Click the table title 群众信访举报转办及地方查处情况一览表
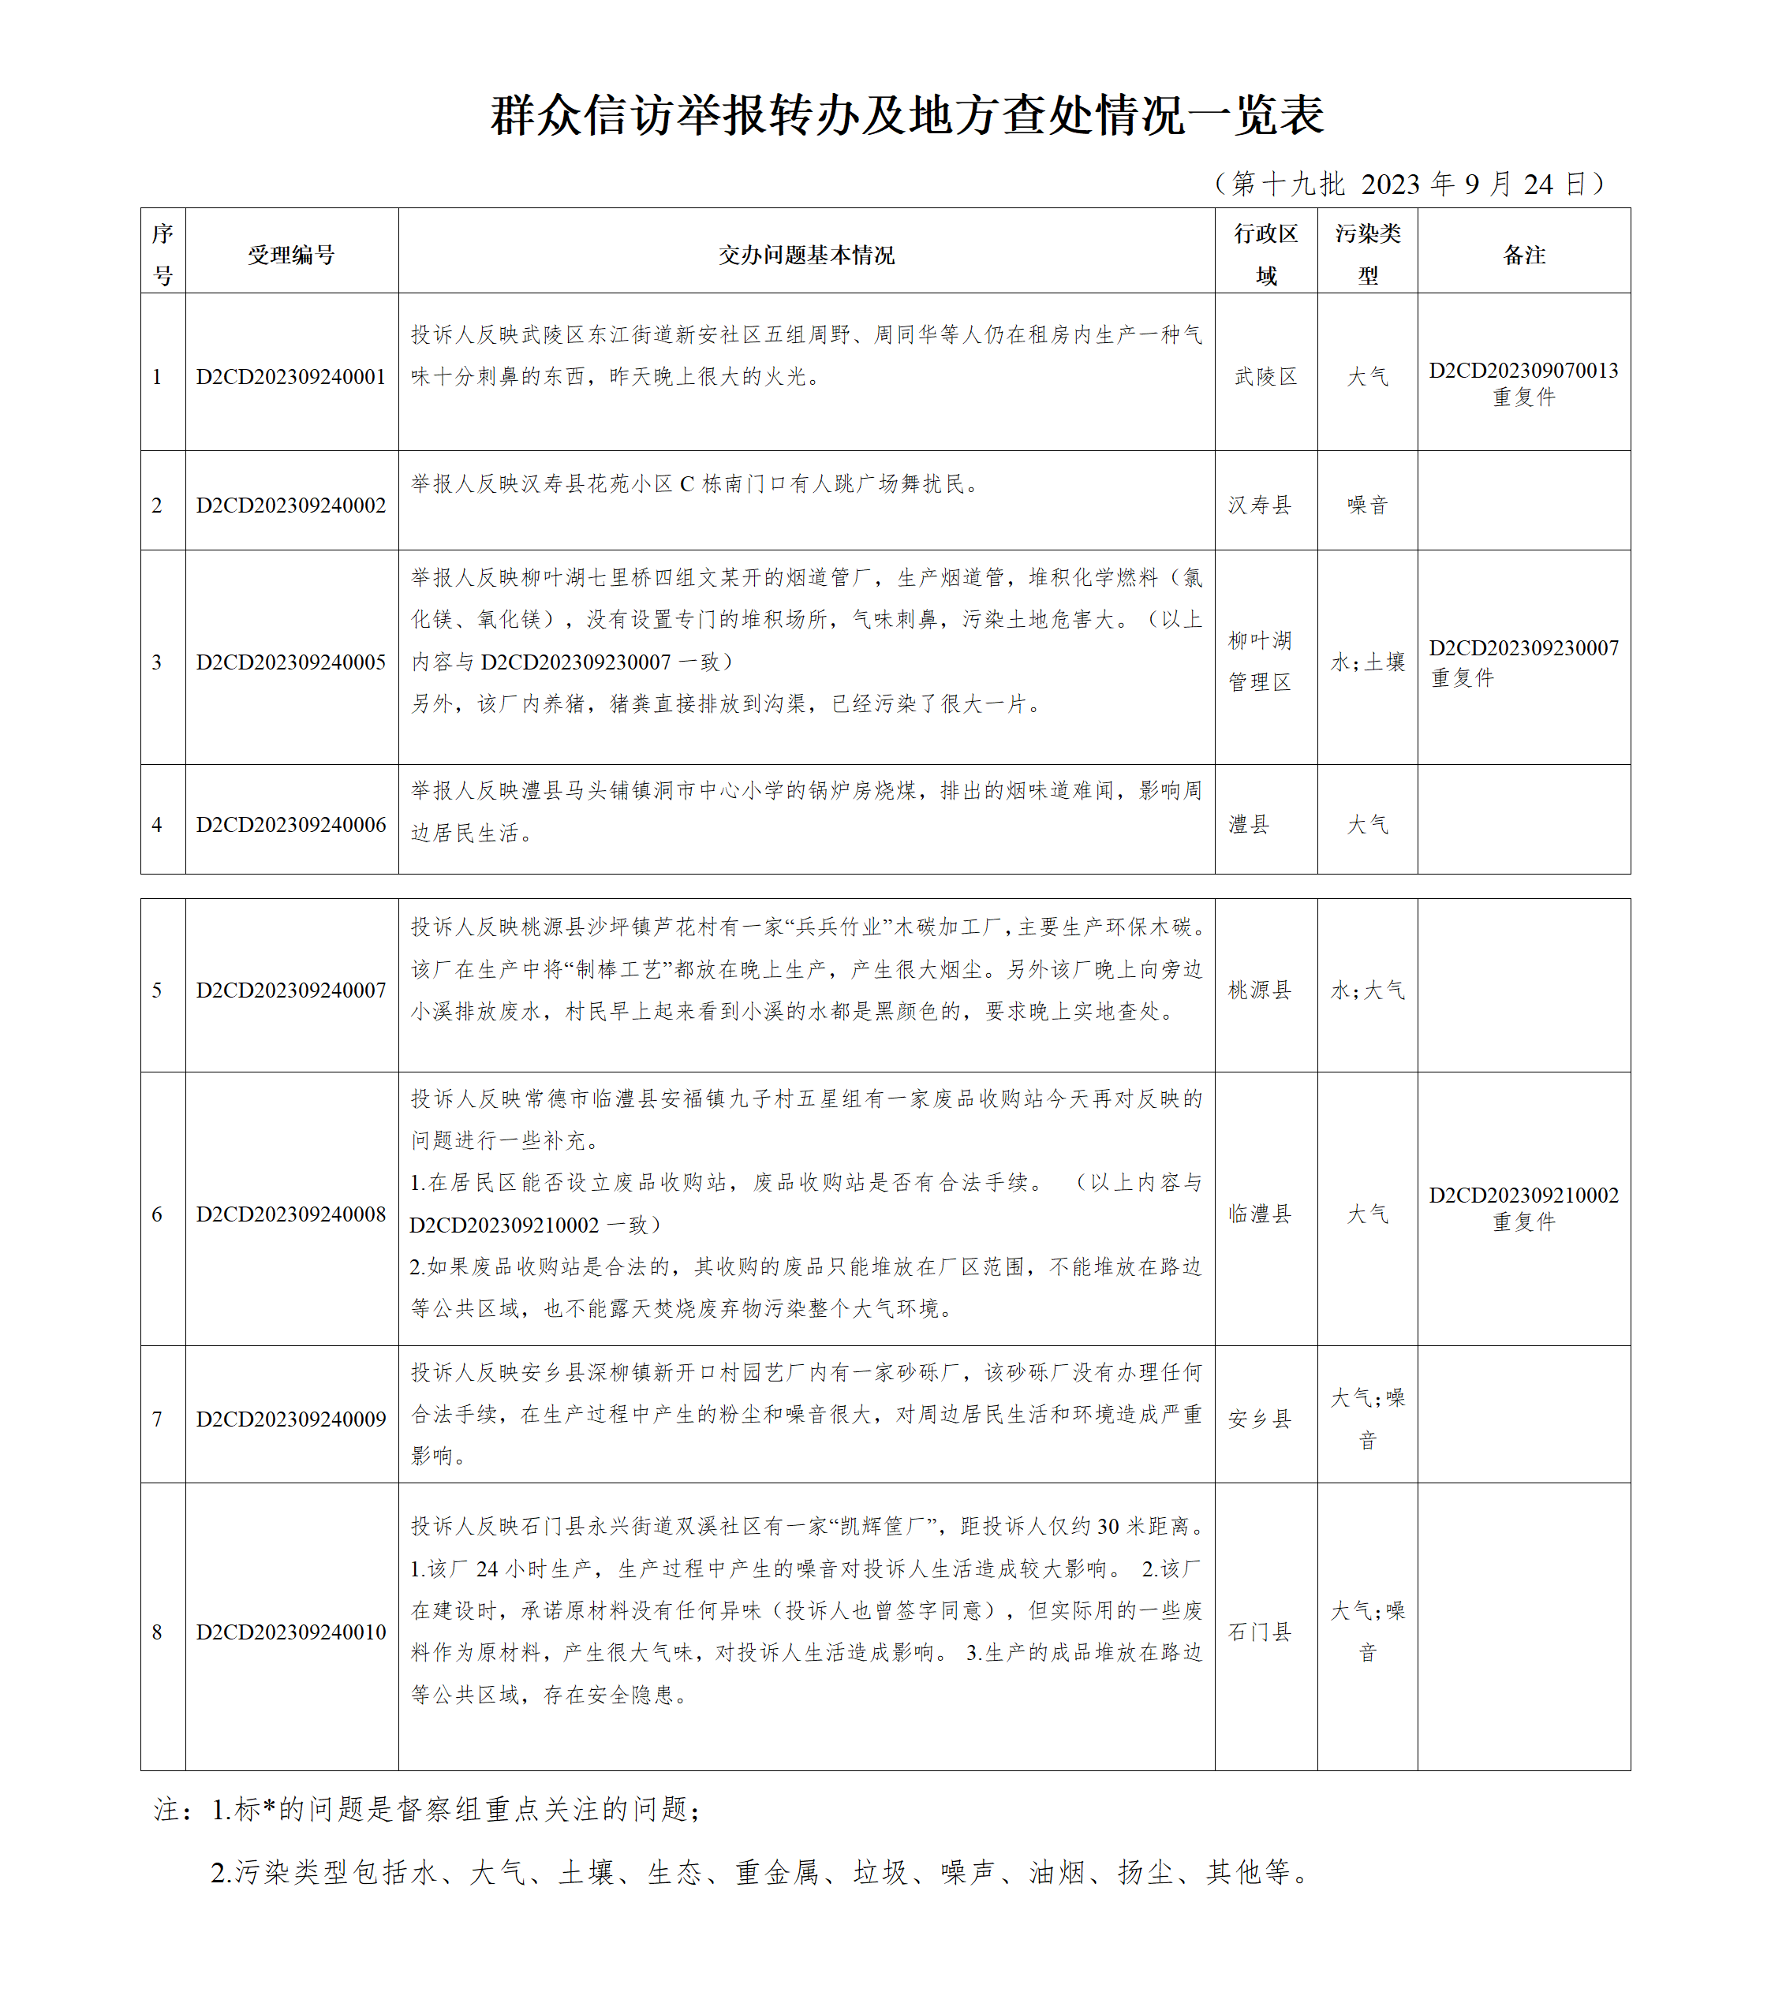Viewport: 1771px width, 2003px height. pyautogui.click(x=906, y=116)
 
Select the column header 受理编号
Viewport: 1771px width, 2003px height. pyautogui.click(x=291, y=255)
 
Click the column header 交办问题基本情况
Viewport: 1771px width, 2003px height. pyautogui.click(x=805, y=255)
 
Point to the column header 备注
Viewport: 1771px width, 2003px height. pyautogui.click(x=1523, y=255)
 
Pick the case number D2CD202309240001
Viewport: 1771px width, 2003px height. pyautogui.click(x=291, y=377)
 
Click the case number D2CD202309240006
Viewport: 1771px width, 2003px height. pyautogui.click(x=291, y=825)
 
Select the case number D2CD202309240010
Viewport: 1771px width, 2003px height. pyautogui.click(x=291, y=1632)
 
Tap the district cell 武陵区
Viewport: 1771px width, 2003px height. pyautogui.click(x=1265, y=377)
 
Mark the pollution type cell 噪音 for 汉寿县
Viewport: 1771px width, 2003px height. pyautogui.click(x=1366, y=505)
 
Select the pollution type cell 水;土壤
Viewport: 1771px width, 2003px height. pyautogui.click(x=1366, y=662)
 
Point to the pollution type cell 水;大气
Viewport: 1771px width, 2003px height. pyautogui.click(x=1366, y=990)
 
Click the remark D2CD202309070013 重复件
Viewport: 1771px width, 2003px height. pyautogui.click(x=1523, y=383)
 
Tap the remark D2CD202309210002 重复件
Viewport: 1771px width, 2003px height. pyautogui.click(x=1523, y=1208)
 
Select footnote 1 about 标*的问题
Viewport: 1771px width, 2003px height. pyautogui.click(x=428, y=1809)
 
